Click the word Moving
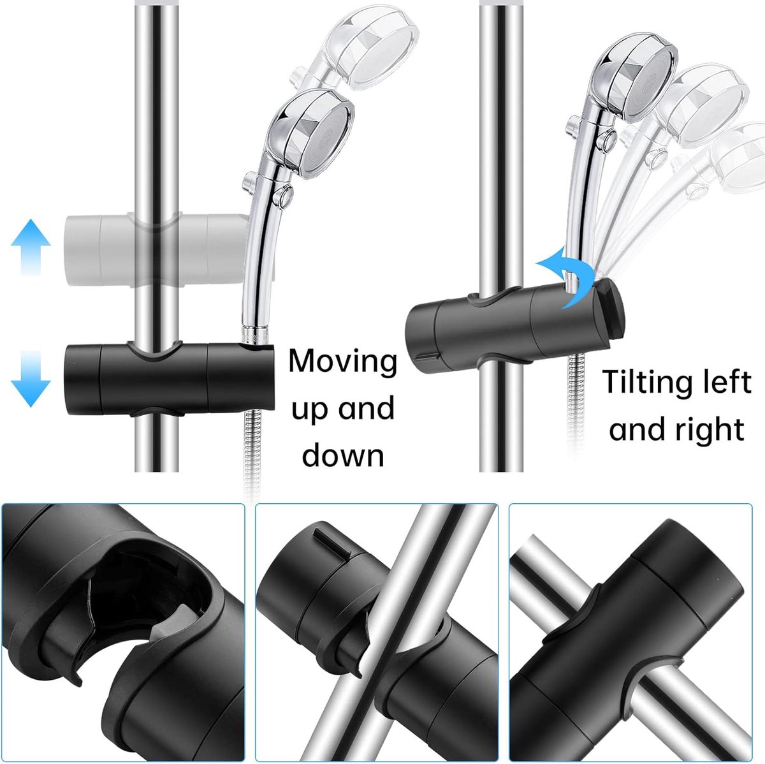tap(342, 362)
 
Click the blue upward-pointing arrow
tap(31, 246)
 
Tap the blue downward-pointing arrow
tap(31, 378)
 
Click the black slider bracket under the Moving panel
tap(169, 380)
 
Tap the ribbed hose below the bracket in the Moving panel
tap(255, 453)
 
